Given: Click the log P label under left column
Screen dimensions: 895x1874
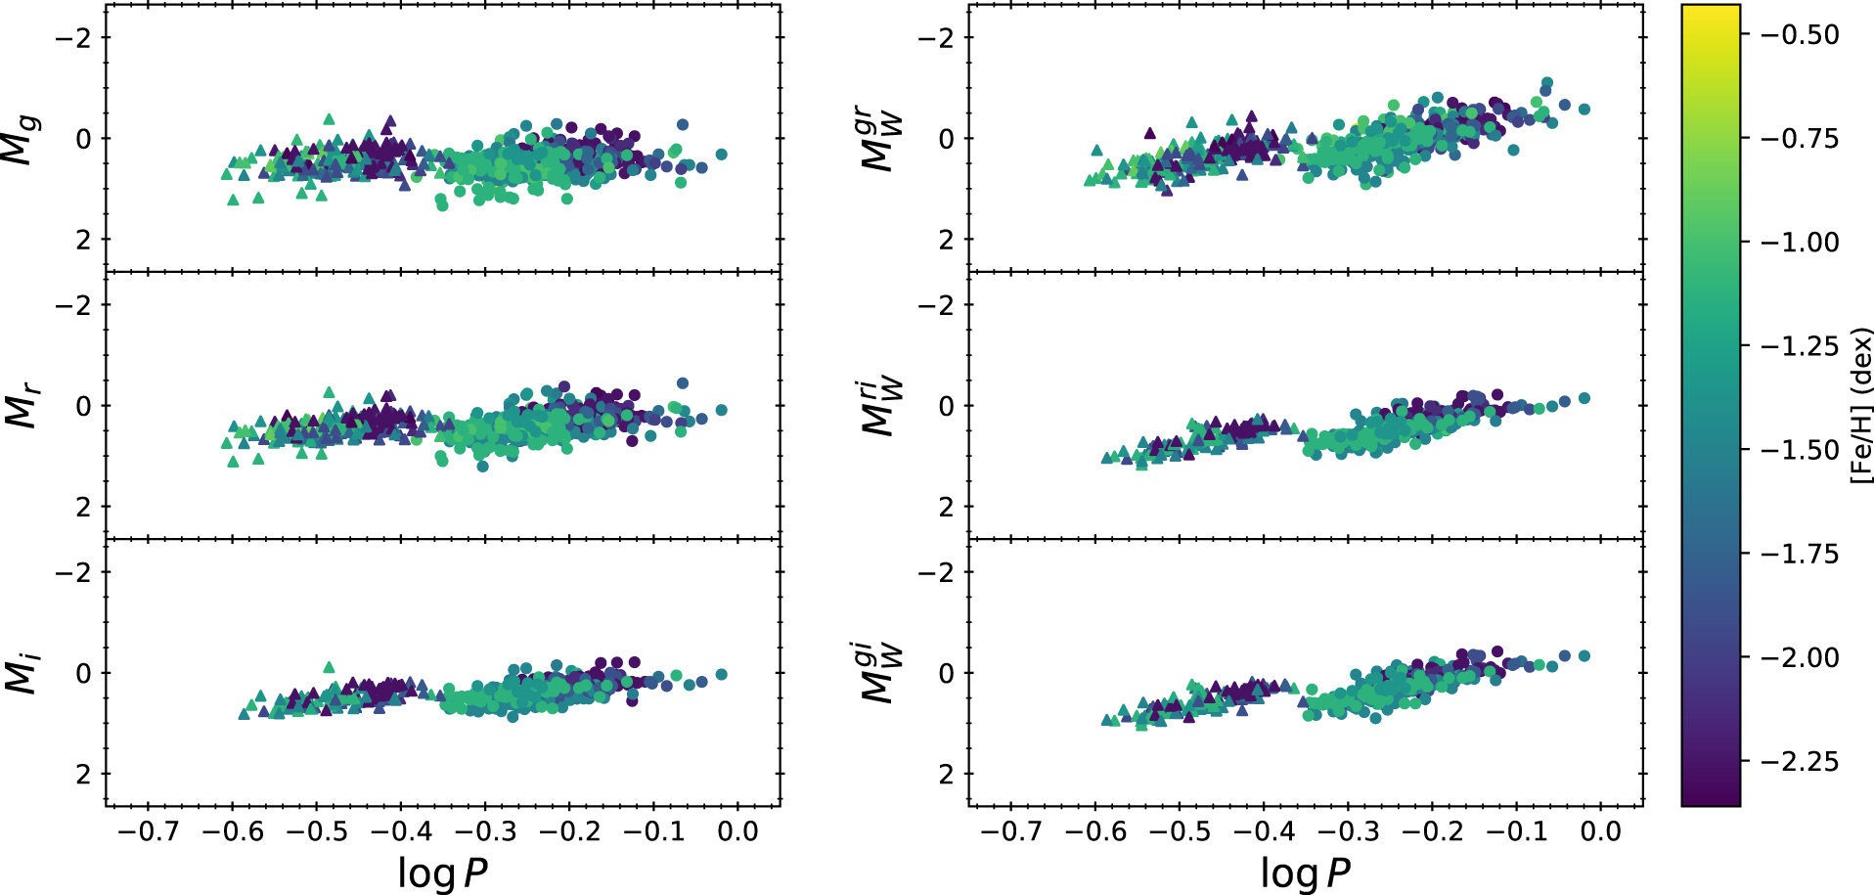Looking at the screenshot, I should point(442,873).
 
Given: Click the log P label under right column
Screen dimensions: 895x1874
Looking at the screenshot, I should point(1305,873).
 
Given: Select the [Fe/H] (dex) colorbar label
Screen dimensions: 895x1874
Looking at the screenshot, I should point(1861,405).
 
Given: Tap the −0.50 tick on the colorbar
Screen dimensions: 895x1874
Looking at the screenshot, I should point(1800,35).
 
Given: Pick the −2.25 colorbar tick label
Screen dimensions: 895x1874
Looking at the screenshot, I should point(1800,762).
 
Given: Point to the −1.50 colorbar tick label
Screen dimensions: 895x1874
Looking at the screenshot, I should point(1800,451).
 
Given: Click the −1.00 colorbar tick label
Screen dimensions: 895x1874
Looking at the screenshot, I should point(1800,243).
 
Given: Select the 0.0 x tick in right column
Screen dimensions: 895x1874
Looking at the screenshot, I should point(1600,831).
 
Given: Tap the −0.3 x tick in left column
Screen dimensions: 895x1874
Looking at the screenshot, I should point(485,831).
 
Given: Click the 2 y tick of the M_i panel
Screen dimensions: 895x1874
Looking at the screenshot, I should point(83,775).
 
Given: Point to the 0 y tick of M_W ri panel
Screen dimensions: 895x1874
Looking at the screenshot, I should point(946,406).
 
